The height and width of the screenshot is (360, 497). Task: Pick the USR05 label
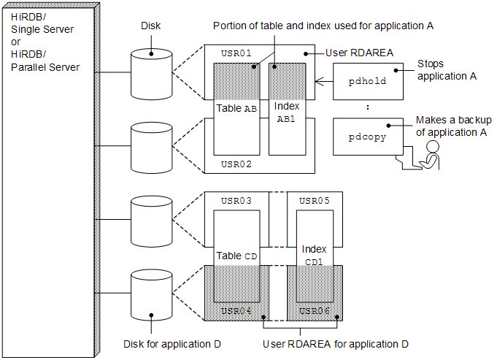coord(314,201)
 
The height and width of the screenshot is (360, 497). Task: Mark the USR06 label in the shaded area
coord(314,311)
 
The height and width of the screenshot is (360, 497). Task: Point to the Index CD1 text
coord(314,255)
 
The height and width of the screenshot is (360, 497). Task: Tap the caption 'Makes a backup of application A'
coord(451,126)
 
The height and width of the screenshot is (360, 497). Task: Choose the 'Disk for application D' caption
coord(172,343)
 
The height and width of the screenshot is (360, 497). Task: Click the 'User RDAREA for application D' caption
coord(335,343)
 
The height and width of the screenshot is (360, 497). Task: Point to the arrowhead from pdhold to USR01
coord(317,80)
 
